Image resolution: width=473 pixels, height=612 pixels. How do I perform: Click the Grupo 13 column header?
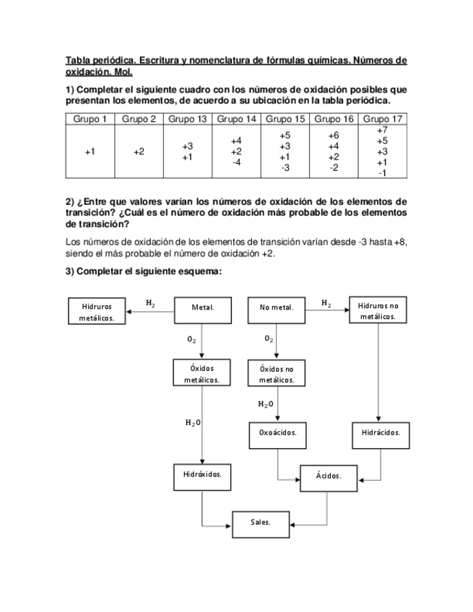[188, 119]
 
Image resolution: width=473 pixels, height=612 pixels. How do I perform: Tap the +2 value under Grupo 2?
[139, 152]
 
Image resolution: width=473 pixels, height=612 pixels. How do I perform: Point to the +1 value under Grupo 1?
[89, 152]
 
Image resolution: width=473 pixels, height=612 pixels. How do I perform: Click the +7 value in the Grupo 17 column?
[382, 130]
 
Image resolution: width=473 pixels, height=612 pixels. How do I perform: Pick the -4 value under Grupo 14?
[236, 162]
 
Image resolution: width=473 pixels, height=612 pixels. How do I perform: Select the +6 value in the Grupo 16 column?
[333, 136]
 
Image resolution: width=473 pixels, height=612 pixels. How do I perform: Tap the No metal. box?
[277, 307]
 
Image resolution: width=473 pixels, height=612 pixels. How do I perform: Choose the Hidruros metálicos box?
[97, 311]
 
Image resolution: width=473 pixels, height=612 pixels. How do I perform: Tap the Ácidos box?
[329, 476]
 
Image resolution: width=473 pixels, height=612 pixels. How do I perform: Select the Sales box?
[261, 522]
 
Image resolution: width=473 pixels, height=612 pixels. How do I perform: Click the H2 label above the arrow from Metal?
[150, 303]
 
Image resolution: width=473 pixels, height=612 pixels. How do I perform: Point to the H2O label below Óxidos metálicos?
[192, 422]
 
